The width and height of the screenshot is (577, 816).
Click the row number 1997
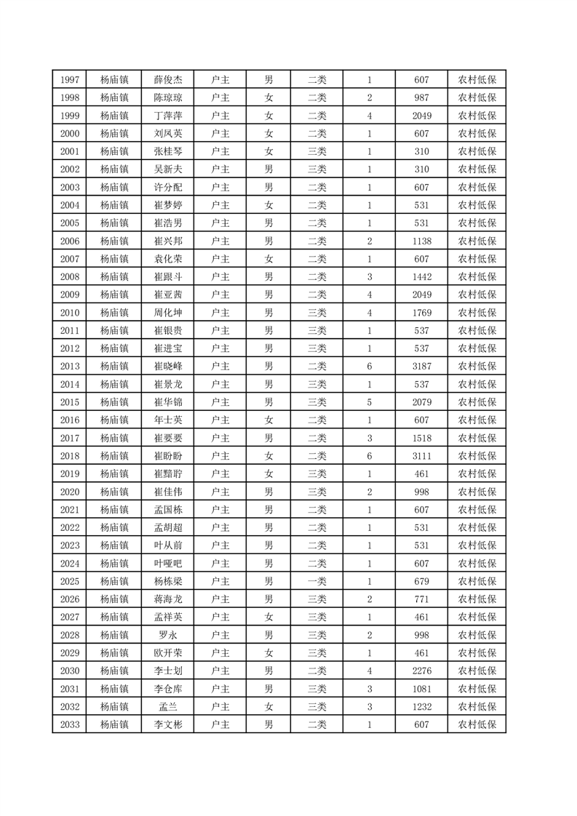pos(70,80)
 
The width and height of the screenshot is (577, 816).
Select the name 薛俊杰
pos(168,80)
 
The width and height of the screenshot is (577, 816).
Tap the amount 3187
pos(421,367)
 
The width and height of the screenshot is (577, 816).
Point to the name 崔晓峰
pos(168,367)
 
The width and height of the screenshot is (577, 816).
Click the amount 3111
pos(421,456)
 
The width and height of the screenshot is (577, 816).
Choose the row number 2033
pos(70,724)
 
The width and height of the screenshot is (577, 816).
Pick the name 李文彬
pos(168,724)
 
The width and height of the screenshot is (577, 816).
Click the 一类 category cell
pos(317,581)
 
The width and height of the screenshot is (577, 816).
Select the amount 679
pos(421,581)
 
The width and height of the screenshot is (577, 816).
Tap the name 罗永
pos(168,635)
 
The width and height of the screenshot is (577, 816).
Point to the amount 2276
pos(421,671)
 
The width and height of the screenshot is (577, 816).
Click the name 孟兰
pos(168,706)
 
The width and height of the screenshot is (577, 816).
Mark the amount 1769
pos(421,313)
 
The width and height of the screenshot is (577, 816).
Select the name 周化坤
pos(168,313)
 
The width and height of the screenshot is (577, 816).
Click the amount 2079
pos(421,402)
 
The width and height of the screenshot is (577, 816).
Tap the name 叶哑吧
pos(168,564)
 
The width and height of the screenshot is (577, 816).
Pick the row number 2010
pos(70,313)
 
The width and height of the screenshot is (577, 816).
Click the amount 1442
pos(421,277)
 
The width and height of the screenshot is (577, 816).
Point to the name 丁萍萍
pos(168,116)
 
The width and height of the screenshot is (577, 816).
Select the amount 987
pos(421,98)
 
